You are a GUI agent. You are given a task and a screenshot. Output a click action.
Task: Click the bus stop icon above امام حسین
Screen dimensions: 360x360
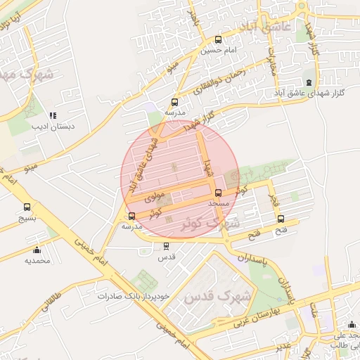point(218,40)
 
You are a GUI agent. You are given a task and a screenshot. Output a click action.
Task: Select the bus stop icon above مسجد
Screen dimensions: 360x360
point(218,193)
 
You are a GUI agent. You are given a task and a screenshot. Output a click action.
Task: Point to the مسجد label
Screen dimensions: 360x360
point(219,203)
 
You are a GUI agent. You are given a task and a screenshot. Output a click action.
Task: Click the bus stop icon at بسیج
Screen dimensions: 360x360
point(27,207)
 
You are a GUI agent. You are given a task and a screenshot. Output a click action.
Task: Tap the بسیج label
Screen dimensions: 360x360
point(26,218)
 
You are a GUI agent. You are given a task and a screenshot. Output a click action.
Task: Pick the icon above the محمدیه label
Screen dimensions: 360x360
point(37,250)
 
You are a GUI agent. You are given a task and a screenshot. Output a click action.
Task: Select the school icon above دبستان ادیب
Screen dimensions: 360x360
point(52,116)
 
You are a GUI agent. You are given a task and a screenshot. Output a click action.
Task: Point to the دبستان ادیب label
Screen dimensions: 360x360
point(53,127)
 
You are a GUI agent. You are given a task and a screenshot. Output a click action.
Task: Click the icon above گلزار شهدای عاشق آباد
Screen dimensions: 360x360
point(310,82)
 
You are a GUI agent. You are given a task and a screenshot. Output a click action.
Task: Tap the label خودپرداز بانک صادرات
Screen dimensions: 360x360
point(134,296)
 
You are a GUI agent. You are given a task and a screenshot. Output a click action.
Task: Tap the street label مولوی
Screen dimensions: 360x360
point(154,197)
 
